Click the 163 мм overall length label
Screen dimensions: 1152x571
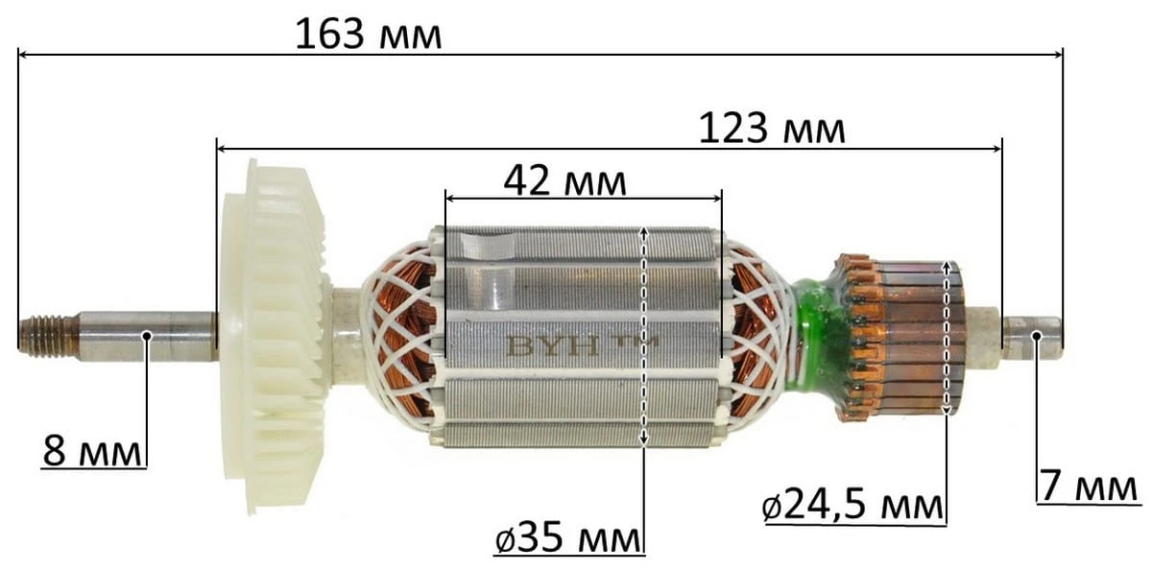[369, 35]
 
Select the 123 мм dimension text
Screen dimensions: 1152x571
[772, 129]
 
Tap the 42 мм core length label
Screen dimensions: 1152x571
[564, 182]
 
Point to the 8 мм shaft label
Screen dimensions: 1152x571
[92, 451]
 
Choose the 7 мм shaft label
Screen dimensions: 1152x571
[1089, 487]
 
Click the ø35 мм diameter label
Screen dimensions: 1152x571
[568, 538]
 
